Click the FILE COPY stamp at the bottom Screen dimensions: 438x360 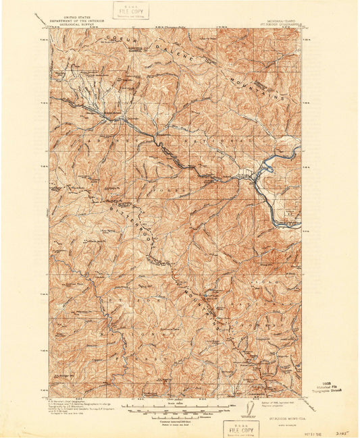(x=240, y=428)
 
